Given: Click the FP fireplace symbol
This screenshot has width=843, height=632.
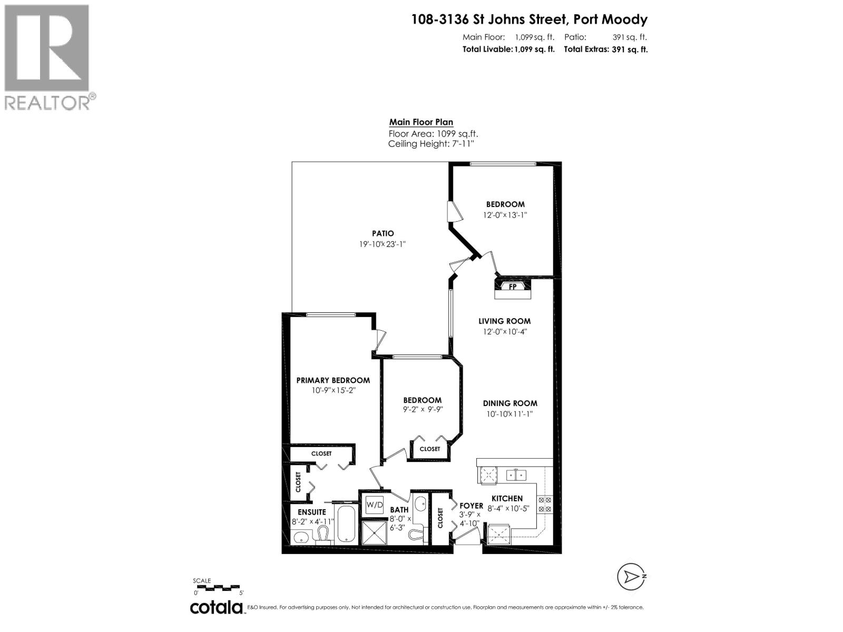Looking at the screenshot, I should pyautogui.click(x=512, y=287).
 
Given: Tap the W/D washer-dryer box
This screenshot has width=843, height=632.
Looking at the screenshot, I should pyautogui.click(x=375, y=505).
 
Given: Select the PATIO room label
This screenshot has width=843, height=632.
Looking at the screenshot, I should pyautogui.click(x=383, y=233).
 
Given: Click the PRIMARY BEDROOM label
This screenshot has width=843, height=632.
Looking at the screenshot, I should pyautogui.click(x=333, y=380).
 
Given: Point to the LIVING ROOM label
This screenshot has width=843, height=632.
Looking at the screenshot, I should pyautogui.click(x=504, y=321).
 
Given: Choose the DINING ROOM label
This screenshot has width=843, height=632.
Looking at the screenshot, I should pyautogui.click(x=510, y=403).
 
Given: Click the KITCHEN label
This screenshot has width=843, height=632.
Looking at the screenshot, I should pyautogui.click(x=507, y=498).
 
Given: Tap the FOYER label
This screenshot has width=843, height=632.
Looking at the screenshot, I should pyautogui.click(x=471, y=506).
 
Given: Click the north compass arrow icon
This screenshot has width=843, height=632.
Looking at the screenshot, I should pyautogui.click(x=631, y=577).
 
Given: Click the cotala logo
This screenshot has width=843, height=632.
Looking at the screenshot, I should pyautogui.click(x=216, y=607).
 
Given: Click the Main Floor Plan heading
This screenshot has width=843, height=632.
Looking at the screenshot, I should pyautogui.click(x=421, y=122).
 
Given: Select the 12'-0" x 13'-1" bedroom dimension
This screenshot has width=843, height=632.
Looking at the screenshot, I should pyautogui.click(x=505, y=215).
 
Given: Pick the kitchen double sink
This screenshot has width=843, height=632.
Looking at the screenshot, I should pyautogui.click(x=516, y=475).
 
